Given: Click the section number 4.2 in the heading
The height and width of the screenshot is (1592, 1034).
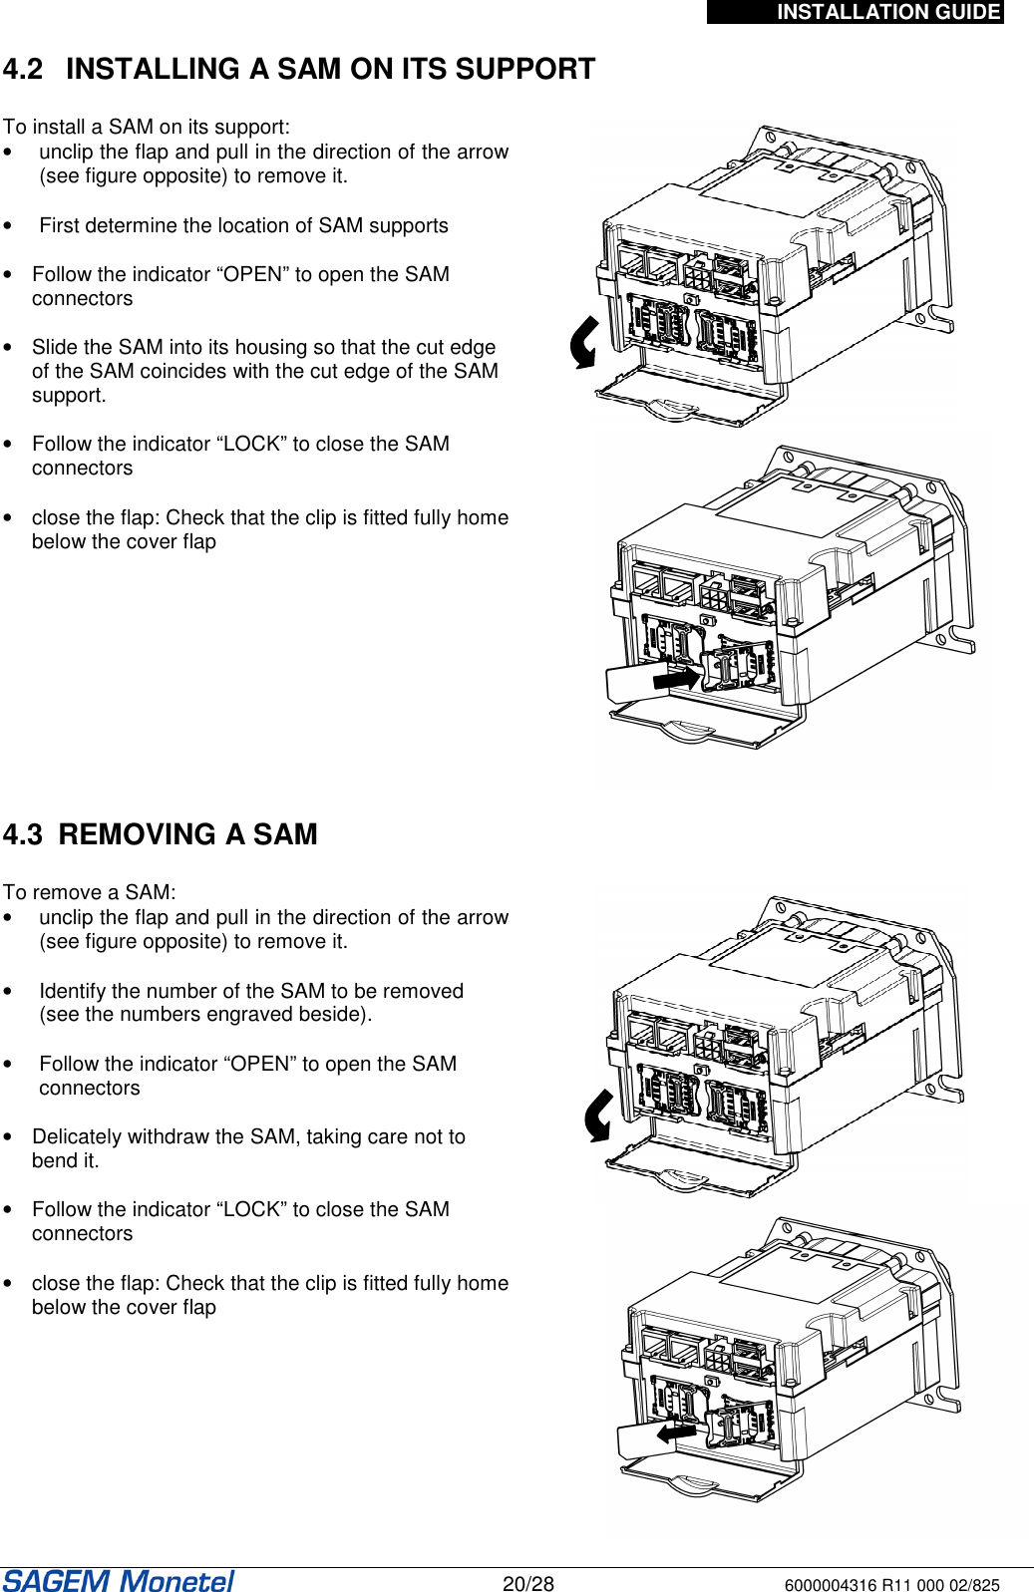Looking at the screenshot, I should point(23,69).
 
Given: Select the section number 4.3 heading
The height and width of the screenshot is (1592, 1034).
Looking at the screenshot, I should point(23,834).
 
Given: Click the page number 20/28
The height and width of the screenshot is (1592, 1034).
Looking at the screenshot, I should point(527,1583).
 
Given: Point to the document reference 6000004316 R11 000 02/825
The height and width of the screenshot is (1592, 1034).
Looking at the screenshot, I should point(891,1585).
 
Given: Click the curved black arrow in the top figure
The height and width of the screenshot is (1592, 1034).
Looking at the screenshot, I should point(583,342).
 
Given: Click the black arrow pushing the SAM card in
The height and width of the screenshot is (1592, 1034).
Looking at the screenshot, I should point(677,678).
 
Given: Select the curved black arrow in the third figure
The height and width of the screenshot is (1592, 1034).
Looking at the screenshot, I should point(598,1115).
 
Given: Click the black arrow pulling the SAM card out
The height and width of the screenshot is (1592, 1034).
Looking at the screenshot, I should point(677,1433).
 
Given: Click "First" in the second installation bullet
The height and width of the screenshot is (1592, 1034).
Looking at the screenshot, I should point(59,225).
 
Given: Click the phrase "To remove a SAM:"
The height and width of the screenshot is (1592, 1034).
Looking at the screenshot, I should point(89,891).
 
